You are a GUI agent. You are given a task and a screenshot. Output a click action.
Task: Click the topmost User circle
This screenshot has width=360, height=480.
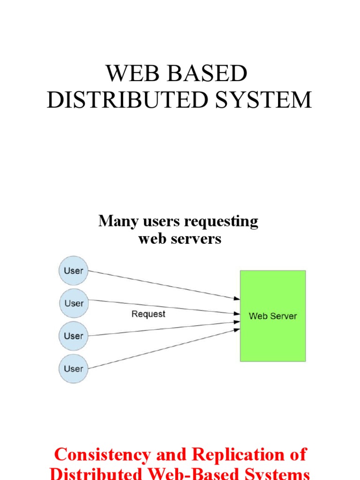pos(74,270)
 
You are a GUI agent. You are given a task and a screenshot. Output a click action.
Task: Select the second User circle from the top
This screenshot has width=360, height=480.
pos(74,303)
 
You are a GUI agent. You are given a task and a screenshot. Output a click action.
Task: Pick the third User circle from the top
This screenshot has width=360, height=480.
pos(74,336)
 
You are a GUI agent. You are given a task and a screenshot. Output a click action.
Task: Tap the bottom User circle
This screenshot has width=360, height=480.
pos(74,369)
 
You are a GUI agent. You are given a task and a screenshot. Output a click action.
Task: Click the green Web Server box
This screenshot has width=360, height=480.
pos(272,337)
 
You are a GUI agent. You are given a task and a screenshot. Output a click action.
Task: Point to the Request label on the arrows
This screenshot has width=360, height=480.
pos(148,314)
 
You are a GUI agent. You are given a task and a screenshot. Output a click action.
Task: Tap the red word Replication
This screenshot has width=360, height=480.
pos(237,455)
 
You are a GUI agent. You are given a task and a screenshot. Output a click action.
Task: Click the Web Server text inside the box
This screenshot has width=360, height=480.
pos(272,316)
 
